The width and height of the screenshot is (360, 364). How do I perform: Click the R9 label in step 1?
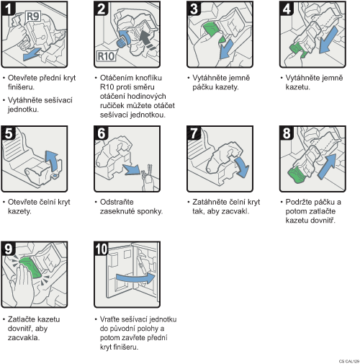point(33,17)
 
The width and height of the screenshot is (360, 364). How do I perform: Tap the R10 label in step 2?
point(106,56)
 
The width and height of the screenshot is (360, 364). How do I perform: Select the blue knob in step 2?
point(121,43)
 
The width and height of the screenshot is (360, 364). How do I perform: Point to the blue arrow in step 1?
point(33,54)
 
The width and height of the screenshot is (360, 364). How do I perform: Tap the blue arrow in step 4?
point(328,40)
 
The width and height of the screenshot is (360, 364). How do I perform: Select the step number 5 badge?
point(9,133)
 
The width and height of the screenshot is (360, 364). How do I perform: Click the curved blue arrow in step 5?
point(52,161)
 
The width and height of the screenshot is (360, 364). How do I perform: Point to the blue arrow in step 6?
point(132,169)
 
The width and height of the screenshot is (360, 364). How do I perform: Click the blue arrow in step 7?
point(242,167)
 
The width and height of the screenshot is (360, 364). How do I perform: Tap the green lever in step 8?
point(297,174)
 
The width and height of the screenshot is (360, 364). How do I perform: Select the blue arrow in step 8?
point(327,167)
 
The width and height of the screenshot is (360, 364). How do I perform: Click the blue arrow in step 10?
point(136,278)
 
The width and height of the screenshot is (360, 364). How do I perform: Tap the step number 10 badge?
point(102,249)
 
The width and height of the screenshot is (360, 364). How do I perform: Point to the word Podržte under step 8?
point(298,202)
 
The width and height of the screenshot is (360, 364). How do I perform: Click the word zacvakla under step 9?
point(24,337)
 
